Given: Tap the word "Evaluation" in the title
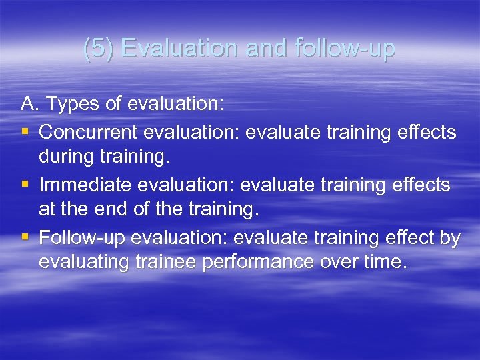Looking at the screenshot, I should coord(179,49).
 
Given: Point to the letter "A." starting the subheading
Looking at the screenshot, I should coord(30,104).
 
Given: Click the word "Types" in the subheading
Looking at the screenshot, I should coord(70,104).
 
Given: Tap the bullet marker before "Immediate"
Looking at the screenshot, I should coord(25,185).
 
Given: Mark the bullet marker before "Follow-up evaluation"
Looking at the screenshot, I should coord(25,237).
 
